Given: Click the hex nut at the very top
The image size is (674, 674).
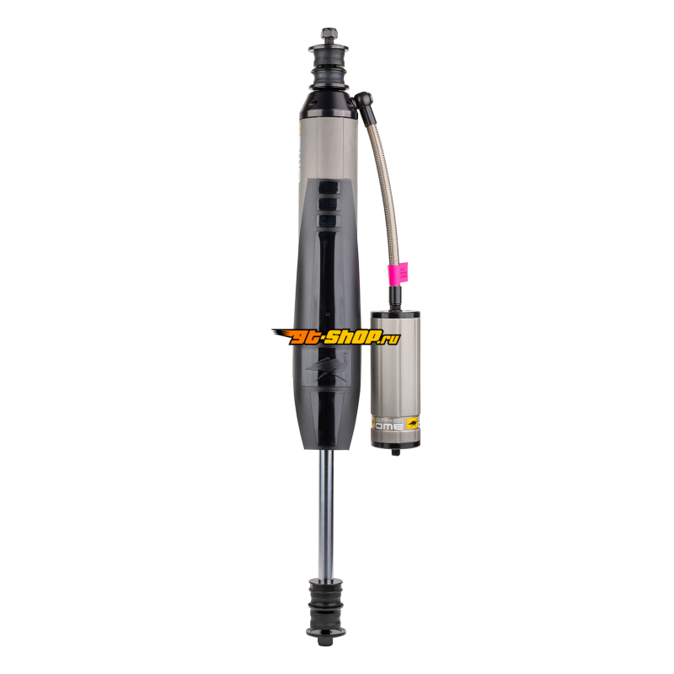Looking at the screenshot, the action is tap(329, 34).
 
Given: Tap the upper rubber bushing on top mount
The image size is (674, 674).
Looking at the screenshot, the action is tap(329, 54).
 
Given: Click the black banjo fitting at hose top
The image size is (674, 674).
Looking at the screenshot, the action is tap(363, 101).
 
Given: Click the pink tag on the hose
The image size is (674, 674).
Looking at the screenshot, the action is tap(398, 272).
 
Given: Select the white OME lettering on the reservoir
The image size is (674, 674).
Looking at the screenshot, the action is tap(390, 426).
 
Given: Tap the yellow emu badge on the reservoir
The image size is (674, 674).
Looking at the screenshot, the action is tap(412, 423).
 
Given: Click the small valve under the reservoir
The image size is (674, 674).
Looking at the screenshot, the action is tap(396, 452).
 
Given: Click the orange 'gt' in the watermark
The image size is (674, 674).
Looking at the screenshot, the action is tap(301, 336).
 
